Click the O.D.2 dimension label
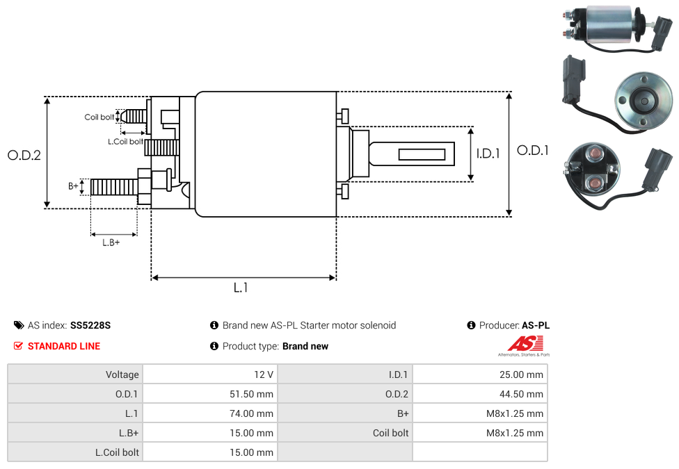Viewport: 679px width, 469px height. coord(24,155)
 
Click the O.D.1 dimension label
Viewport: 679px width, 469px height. coord(533,150)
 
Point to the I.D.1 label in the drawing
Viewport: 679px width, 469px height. coord(488,154)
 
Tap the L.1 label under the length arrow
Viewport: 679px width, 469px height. coord(240,288)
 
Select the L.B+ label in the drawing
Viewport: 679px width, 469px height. coord(111,242)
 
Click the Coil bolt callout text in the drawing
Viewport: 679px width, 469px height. coord(99,117)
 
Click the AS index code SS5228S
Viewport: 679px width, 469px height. coord(90,325)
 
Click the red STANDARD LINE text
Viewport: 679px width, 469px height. coord(64,346)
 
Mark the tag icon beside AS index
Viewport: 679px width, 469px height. coord(19,325)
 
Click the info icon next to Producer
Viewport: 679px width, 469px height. coord(472,325)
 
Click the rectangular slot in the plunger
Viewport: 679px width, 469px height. coord(422,154)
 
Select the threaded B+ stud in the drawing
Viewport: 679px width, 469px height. coord(114,187)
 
